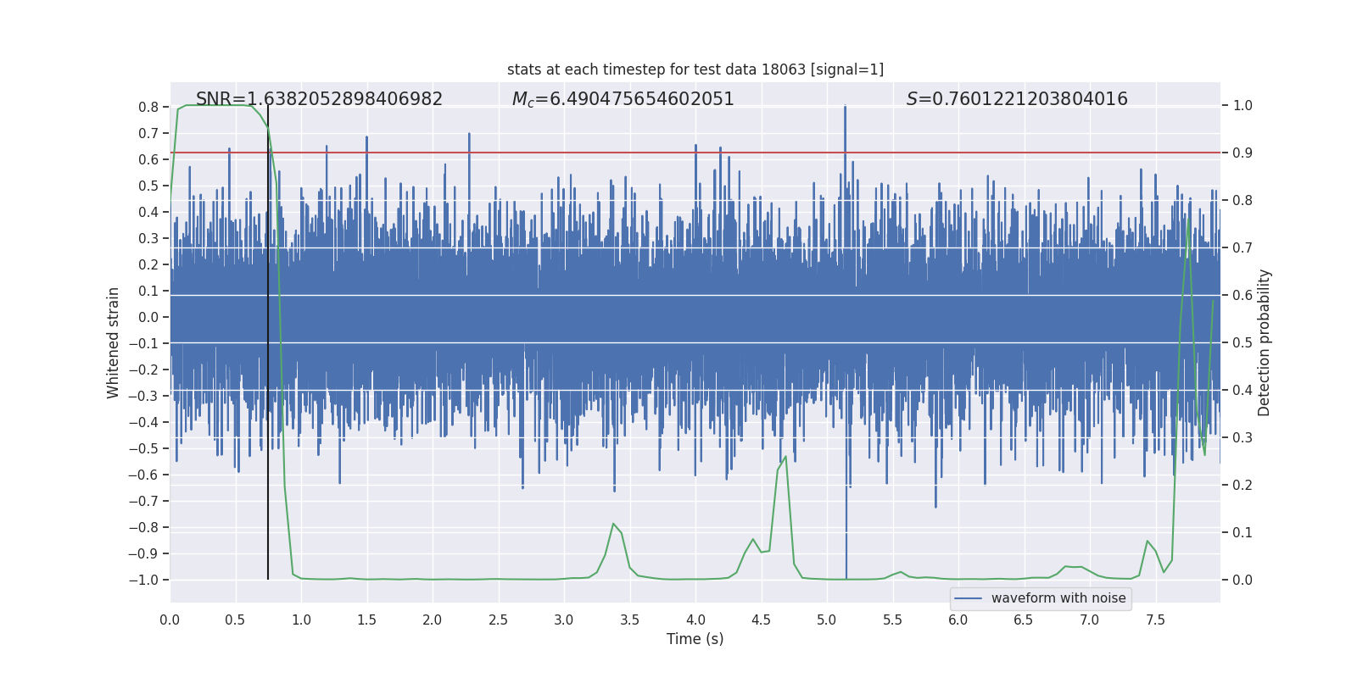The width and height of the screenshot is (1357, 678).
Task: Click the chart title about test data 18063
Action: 695,69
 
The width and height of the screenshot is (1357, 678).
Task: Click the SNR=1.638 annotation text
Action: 319,99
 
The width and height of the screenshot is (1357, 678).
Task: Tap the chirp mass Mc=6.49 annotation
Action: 623,99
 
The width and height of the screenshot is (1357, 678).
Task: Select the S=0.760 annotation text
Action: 1017,99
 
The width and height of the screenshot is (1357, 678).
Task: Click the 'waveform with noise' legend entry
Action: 1058,598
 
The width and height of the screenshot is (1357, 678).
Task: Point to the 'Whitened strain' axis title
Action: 114,342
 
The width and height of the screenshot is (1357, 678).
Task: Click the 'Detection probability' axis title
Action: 1265,342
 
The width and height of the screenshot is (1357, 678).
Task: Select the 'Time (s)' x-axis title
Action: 695,639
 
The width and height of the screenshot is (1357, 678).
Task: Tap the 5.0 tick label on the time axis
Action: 827,620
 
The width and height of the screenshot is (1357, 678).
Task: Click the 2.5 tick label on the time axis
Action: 498,620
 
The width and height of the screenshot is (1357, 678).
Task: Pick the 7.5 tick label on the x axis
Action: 1155,620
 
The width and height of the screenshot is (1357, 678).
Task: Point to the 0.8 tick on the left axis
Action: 148,108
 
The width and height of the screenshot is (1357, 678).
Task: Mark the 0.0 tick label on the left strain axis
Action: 148,318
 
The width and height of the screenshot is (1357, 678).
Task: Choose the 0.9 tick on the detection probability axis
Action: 1243,153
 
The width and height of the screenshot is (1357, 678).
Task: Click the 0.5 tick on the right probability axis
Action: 1243,343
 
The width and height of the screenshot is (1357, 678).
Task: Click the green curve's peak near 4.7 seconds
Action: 785,457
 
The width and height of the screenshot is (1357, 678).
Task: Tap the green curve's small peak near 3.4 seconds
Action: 613,524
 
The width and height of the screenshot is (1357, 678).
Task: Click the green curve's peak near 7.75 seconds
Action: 1189,219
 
